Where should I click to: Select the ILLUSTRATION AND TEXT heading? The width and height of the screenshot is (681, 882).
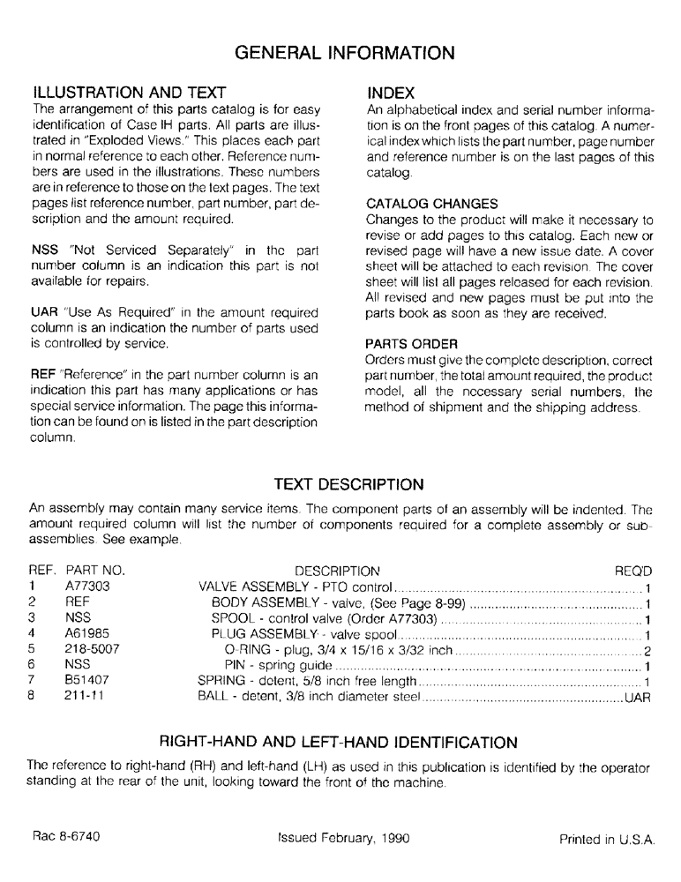[x=130, y=93]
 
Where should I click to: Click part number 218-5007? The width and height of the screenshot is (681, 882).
[x=92, y=649]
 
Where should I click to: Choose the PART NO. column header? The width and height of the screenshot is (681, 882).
[x=96, y=570]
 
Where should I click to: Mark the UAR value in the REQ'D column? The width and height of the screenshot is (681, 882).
[x=637, y=697]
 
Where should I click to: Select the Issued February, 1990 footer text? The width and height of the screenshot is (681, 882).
[x=343, y=840]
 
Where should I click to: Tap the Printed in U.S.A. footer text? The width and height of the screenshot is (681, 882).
[x=607, y=840]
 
